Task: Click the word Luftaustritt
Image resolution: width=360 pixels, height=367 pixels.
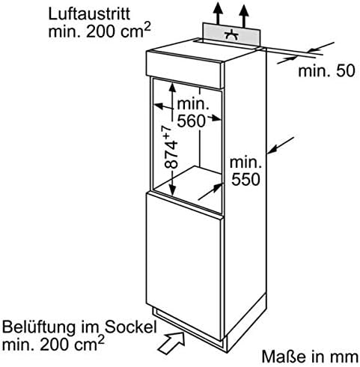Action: click(89, 14)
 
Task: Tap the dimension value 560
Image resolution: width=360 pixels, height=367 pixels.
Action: click(191, 121)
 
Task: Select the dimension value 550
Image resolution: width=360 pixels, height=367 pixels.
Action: click(245, 179)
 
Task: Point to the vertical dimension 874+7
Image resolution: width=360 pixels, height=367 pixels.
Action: click(171, 148)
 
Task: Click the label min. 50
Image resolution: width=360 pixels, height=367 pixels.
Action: click(326, 70)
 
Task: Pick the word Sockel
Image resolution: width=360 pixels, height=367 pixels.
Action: click(130, 327)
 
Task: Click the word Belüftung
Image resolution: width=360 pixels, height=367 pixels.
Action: click(39, 328)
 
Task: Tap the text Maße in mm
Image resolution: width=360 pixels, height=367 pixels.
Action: click(310, 357)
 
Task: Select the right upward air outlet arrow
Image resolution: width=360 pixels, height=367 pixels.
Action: click(244, 16)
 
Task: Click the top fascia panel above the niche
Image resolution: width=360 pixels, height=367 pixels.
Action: click(185, 70)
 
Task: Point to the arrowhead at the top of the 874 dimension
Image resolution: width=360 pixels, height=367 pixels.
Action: click(172, 88)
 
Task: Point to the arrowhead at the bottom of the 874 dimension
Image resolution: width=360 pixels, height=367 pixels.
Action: click(172, 190)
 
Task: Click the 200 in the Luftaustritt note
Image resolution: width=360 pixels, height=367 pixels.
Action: click(101, 31)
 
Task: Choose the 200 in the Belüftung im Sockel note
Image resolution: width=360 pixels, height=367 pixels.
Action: click(55, 345)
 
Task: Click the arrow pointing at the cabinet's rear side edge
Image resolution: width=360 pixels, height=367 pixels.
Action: click(281, 145)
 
